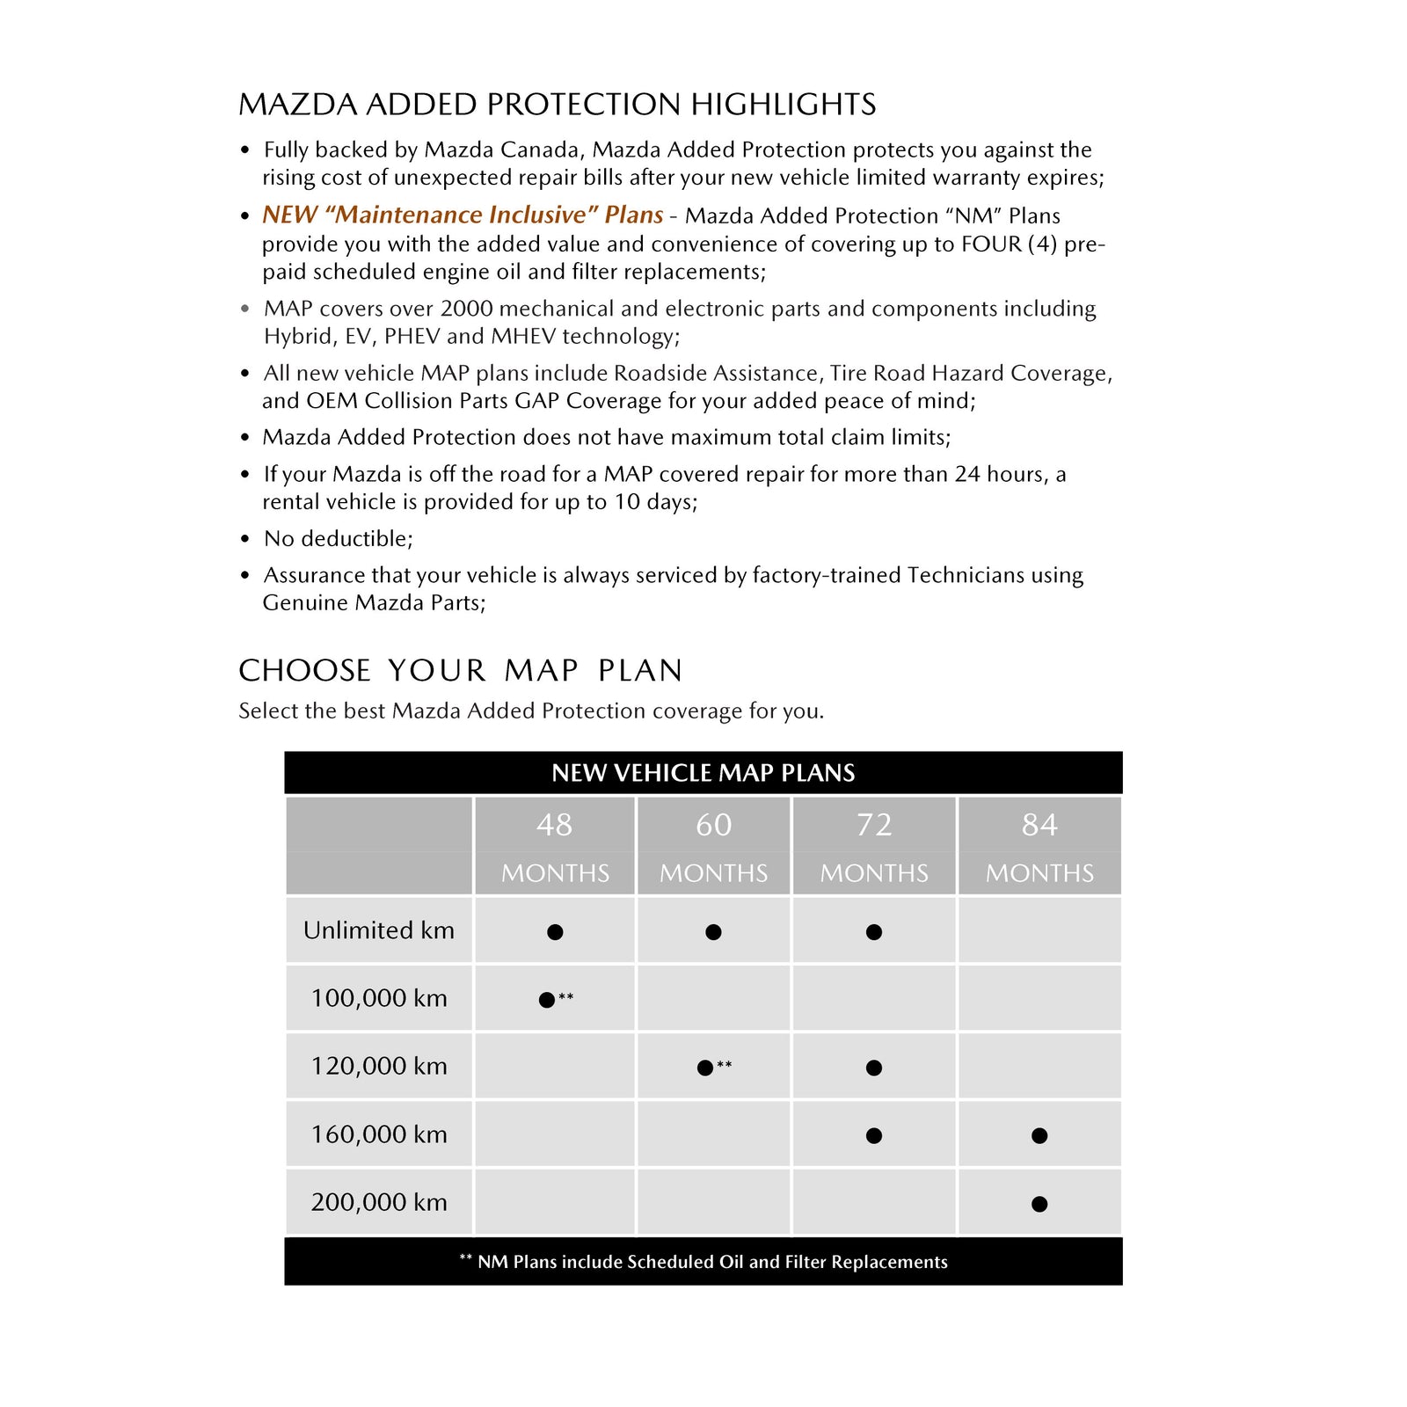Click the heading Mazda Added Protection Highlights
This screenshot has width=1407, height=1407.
click(557, 105)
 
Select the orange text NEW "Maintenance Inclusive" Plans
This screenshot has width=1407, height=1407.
click(463, 215)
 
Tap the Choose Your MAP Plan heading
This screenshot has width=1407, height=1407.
click(460, 671)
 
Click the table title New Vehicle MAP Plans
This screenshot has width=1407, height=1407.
click(703, 773)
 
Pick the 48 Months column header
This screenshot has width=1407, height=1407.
click(555, 846)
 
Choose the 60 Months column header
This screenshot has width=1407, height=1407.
click(713, 846)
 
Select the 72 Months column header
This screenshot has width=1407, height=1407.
click(874, 846)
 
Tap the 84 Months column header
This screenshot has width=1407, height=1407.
click(1039, 846)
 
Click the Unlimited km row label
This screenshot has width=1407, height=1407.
click(379, 930)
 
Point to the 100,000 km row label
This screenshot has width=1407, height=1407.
click(379, 998)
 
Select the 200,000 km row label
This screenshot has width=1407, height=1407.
click(379, 1202)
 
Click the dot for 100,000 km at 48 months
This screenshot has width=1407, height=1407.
click(547, 1000)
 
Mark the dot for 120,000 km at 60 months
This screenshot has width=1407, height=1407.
click(704, 1068)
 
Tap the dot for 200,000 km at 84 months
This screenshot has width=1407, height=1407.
click(1039, 1204)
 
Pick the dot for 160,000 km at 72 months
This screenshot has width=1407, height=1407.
click(873, 1136)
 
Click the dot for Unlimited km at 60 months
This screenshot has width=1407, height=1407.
click(713, 932)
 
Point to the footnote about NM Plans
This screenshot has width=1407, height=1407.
click(703, 1262)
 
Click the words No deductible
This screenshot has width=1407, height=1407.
click(338, 538)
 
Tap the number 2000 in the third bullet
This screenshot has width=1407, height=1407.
click(470, 309)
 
